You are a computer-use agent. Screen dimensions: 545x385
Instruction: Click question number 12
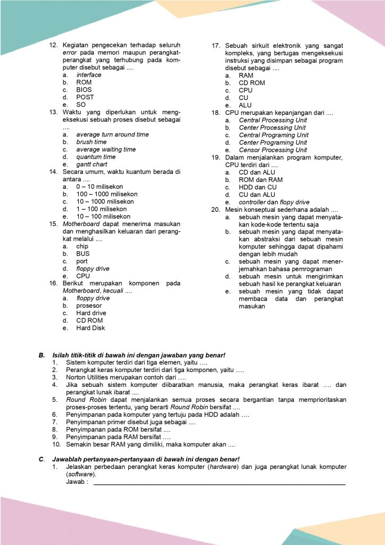tap(53, 45)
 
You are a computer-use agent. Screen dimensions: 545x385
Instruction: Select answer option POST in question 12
tap(85, 97)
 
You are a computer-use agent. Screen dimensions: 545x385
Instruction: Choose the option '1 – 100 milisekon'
tap(102, 209)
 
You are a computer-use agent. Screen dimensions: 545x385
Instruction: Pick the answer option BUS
tap(83, 254)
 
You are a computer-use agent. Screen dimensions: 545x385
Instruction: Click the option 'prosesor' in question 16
tap(89, 306)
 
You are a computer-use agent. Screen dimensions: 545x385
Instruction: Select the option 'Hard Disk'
tap(90, 328)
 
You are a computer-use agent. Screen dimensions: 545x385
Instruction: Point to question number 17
tap(215, 46)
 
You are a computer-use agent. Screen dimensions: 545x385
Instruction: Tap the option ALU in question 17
tap(245, 105)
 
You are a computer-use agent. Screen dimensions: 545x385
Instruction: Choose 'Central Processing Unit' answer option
tap(273, 120)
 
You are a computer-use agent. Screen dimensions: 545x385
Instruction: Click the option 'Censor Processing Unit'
tap(273, 150)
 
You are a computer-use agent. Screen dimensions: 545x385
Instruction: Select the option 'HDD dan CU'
tap(257, 187)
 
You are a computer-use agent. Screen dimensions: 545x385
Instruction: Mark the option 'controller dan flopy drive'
tap(274, 202)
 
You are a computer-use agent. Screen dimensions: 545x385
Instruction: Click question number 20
tap(215, 210)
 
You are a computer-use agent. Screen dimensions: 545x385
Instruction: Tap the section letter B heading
tap(41, 355)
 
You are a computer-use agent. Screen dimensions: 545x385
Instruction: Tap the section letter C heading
tap(41, 459)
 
